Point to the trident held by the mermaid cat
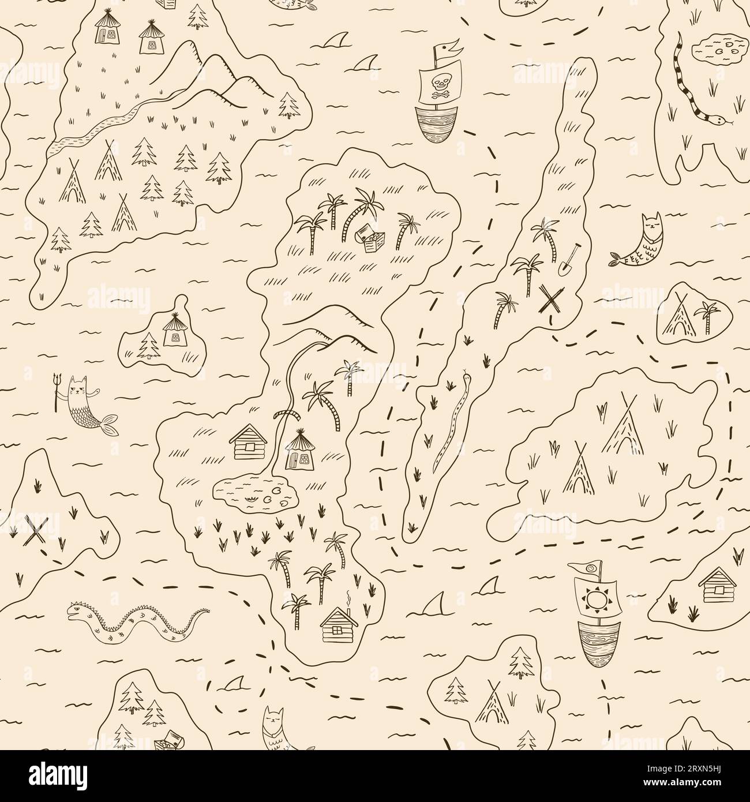pyautogui.click(x=57, y=392)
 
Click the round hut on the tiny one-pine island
pyautogui.click(x=174, y=331)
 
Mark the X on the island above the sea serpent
pyautogui.click(x=37, y=531)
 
